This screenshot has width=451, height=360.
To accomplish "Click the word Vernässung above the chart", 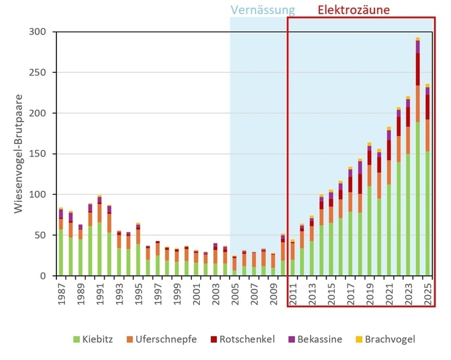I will click(262, 10).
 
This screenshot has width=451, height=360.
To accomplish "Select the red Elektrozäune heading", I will click(353, 10).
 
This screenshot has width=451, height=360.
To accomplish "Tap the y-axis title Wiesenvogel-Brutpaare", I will click(20, 153).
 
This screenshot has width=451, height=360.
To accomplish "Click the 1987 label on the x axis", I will click(61, 293).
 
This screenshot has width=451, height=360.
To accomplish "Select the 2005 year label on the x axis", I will click(235, 293).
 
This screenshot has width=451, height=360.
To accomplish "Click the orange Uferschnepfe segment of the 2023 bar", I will click(408, 140).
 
